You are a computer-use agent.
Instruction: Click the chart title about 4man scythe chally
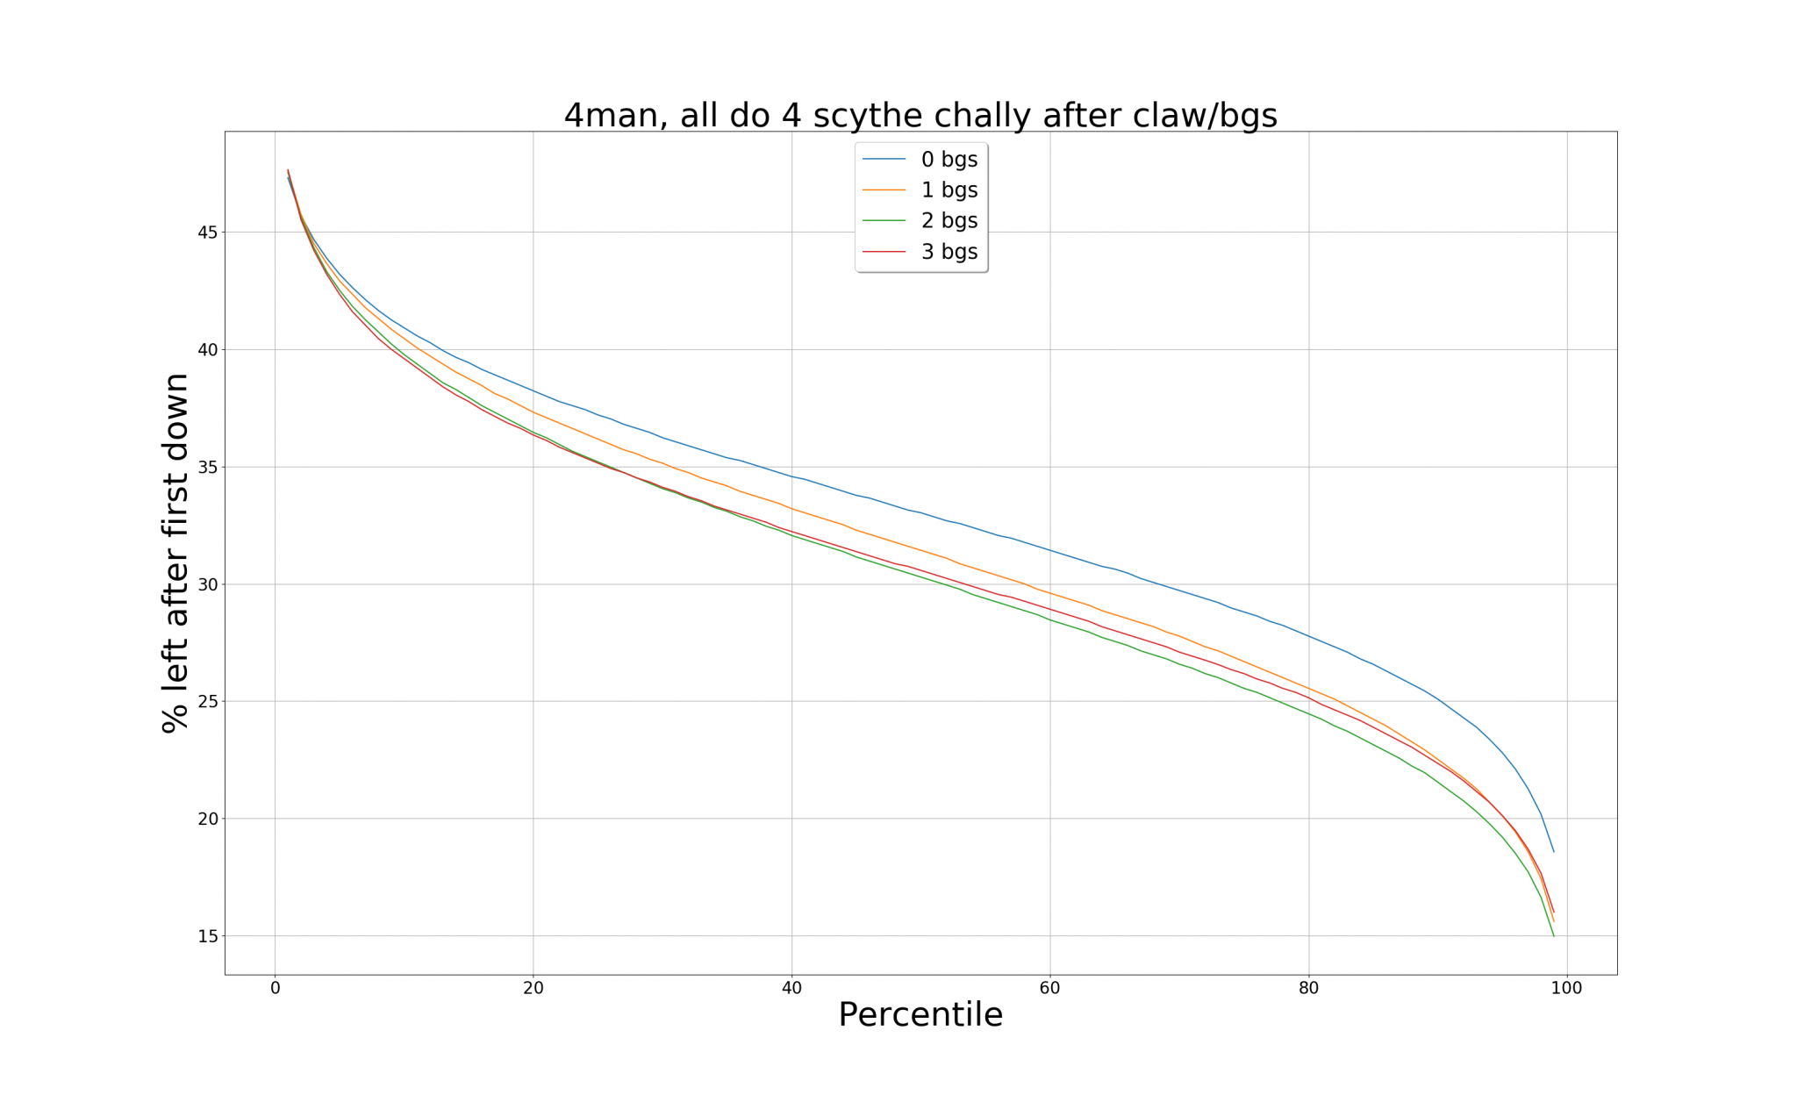point(920,115)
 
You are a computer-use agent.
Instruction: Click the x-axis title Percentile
point(920,1015)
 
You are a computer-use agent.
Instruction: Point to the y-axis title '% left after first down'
point(175,553)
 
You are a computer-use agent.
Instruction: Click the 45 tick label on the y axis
point(207,233)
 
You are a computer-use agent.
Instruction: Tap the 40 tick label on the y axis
point(207,350)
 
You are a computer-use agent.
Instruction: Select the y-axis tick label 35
point(207,467)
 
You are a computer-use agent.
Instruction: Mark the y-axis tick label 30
point(207,584)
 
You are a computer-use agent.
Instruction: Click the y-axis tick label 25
point(207,702)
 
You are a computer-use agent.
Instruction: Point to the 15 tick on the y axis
point(207,936)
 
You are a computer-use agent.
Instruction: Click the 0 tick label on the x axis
point(276,989)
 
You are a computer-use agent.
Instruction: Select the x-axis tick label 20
point(533,989)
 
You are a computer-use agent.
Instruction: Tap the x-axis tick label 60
point(1050,989)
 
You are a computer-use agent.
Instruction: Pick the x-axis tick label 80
point(1308,989)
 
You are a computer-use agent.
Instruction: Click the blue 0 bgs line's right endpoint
point(1553,852)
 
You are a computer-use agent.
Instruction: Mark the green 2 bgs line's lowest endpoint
point(1553,935)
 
